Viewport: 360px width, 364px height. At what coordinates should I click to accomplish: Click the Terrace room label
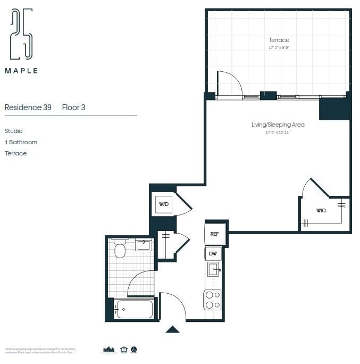click(279, 40)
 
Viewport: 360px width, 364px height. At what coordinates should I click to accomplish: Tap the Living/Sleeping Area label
click(278, 125)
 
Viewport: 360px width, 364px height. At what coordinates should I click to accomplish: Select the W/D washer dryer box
click(163, 204)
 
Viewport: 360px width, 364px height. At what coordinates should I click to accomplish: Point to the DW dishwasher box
click(214, 254)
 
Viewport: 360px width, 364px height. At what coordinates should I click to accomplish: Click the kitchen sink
click(213, 269)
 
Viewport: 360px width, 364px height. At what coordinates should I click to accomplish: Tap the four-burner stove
click(213, 300)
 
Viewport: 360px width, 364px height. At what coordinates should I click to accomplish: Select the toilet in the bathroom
click(120, 249)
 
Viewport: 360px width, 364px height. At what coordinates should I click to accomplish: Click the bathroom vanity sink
click(144, 245)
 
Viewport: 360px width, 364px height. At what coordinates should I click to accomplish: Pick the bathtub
click(135, 309)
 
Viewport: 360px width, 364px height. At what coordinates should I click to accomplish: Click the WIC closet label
click(321, 211)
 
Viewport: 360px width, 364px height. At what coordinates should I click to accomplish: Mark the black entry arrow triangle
click(172, 329)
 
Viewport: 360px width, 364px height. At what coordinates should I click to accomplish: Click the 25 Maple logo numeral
click(21, 34)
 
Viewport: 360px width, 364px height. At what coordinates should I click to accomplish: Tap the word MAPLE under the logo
click(21, 70)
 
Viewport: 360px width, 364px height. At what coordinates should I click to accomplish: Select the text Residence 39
click(28, 107)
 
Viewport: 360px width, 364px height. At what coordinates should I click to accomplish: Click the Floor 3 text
click(73, 107)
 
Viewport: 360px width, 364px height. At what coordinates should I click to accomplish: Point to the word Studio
click(14, 131)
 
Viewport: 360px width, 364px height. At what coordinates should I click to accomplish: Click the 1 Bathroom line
click(21, 142)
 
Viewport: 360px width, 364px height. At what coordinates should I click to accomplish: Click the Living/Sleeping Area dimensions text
click(278, 132)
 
